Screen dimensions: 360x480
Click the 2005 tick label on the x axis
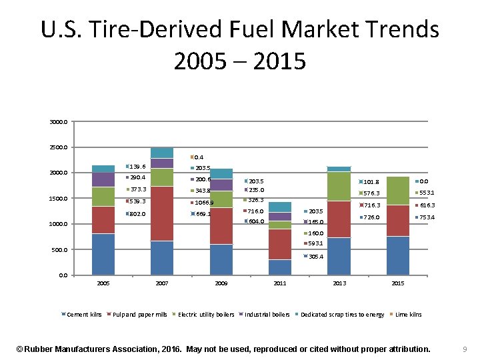103,283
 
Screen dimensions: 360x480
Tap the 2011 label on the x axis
280,283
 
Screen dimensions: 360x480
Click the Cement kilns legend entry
83,314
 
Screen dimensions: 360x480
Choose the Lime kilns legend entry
408,314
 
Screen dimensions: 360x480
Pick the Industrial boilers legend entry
267,314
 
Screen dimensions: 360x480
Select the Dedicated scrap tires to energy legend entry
342,314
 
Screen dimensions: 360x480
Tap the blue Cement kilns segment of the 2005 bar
103,254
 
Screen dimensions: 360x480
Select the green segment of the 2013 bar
339,186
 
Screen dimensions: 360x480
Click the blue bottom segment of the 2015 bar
398,255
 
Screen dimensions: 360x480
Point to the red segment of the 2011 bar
280,244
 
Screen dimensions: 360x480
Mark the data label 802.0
137,214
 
